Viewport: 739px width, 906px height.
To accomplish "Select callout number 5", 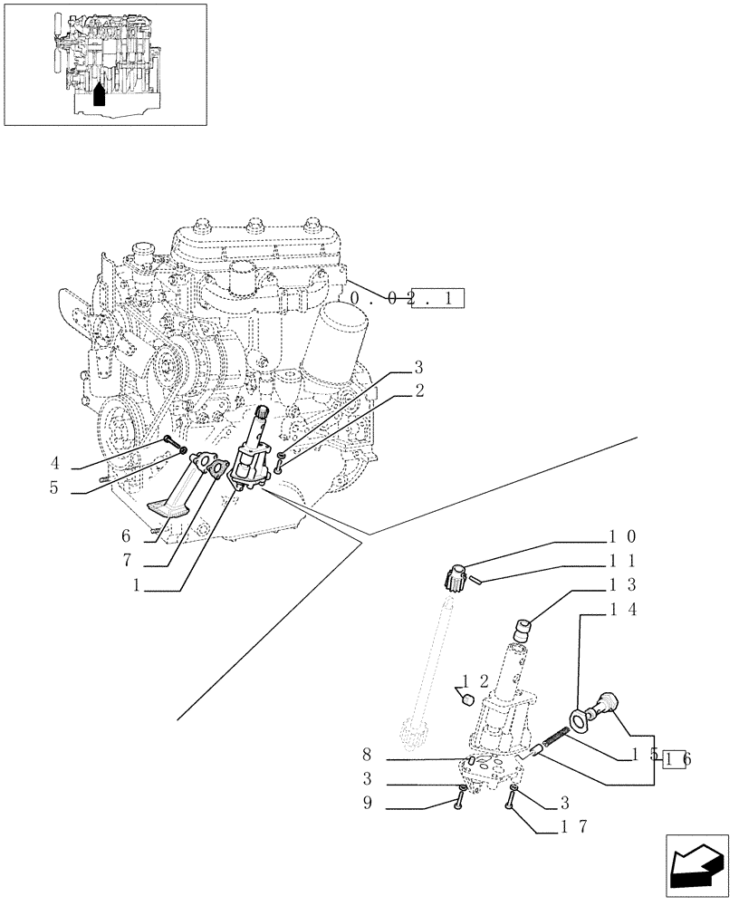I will (54, 489).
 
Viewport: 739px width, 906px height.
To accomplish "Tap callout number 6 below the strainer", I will (128, 535).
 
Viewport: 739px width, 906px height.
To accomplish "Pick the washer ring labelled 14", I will (577, 721).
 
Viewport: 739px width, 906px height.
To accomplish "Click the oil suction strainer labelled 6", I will (172, 494).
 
